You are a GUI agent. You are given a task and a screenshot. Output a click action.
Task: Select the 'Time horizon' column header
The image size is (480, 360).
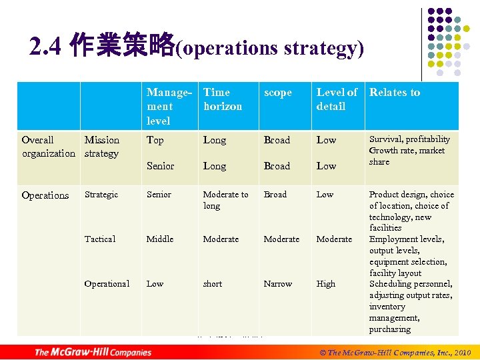coord(223,99)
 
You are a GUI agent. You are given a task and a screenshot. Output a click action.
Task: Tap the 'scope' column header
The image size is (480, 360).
coord(277,93)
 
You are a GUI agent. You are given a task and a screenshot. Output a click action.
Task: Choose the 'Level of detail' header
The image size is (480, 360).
coord(336,99)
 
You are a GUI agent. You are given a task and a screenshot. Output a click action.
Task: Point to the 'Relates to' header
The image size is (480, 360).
coord(395,93)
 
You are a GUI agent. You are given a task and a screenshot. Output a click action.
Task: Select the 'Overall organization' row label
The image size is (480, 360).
coord(48,147)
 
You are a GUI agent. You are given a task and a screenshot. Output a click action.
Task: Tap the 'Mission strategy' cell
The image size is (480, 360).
coord(102,147)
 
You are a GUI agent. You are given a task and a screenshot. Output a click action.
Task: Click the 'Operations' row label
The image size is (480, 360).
coord(45,195)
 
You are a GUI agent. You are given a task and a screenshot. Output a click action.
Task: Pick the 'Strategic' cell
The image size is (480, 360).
coord(101,195)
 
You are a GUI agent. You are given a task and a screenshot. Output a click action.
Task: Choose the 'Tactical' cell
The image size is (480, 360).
coord(100,239)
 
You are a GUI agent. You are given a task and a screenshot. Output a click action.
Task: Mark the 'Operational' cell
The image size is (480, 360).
coord(107,283)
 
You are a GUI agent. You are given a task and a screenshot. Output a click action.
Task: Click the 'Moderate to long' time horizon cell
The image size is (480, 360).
coord(225,200)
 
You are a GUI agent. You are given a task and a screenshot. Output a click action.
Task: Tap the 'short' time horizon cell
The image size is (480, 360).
coord(213,283)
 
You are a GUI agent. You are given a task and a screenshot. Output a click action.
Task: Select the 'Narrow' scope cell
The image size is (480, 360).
coord(277,283)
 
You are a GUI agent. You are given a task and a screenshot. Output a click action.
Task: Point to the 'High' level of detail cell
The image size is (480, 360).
coord(326,283)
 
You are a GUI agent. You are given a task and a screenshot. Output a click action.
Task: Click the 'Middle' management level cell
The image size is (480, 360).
coord(160,239)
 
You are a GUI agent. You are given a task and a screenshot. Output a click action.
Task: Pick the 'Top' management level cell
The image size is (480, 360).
coord(155,140)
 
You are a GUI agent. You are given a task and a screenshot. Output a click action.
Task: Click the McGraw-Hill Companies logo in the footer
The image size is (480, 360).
coord(93,352)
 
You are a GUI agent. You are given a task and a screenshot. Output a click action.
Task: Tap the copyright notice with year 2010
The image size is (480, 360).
coord(395,352)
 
